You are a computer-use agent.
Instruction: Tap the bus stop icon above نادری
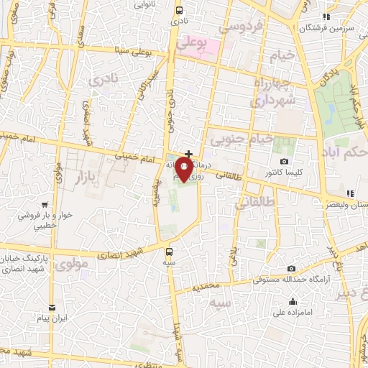click(x=179, y=10)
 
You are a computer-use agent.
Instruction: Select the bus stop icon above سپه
click(x=170, y=252)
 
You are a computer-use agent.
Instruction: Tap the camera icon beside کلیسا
click(x=285, y=160)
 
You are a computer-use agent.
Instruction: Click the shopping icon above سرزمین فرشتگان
click(x=325, y=17)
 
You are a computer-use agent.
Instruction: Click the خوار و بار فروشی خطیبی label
click(x=46, y=221)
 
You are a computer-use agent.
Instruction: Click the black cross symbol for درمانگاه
click(x=189, y=153)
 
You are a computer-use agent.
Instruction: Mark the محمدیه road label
click(x=204, y=287)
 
